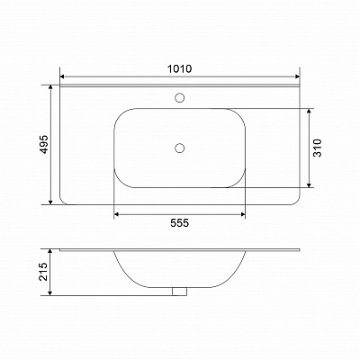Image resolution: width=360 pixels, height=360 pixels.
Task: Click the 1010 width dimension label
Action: click(179, 68)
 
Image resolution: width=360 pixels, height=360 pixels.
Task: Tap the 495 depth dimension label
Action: click(44, 145)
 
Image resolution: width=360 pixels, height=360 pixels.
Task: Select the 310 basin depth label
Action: click(317, 148)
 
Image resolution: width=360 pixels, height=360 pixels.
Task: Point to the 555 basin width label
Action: click(180, 223)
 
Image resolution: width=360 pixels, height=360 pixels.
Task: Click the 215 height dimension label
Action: click(44, 272)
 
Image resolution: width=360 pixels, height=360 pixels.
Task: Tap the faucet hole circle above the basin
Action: click(179, 98)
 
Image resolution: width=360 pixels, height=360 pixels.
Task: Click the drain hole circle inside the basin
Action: click(179, 148)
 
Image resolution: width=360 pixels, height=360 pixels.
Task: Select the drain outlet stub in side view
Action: click(179, 292)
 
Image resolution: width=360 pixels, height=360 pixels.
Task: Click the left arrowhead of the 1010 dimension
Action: click(62, 76)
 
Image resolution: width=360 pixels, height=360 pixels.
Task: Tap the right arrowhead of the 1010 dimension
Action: click(297, 76)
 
